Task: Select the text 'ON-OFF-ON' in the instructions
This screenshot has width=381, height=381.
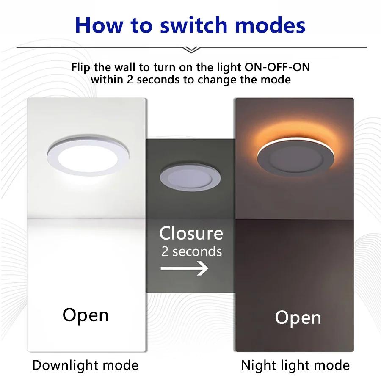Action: click(x=279, y=67)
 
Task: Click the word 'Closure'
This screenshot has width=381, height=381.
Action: click(x=191, y=233)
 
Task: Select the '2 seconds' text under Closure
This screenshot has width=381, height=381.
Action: click(x=191, y=251)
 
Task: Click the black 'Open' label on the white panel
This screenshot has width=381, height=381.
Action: click(x=86, y=315)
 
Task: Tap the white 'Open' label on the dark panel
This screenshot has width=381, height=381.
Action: click(x=298, y=317)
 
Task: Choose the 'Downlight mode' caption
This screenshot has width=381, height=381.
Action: click(x=86, y=365)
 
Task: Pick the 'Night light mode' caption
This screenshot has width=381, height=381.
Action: click(x=295, y=365)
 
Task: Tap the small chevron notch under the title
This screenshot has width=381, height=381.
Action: click(x=191, y=50)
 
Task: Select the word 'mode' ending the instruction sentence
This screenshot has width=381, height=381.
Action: click(x=277, y=79)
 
